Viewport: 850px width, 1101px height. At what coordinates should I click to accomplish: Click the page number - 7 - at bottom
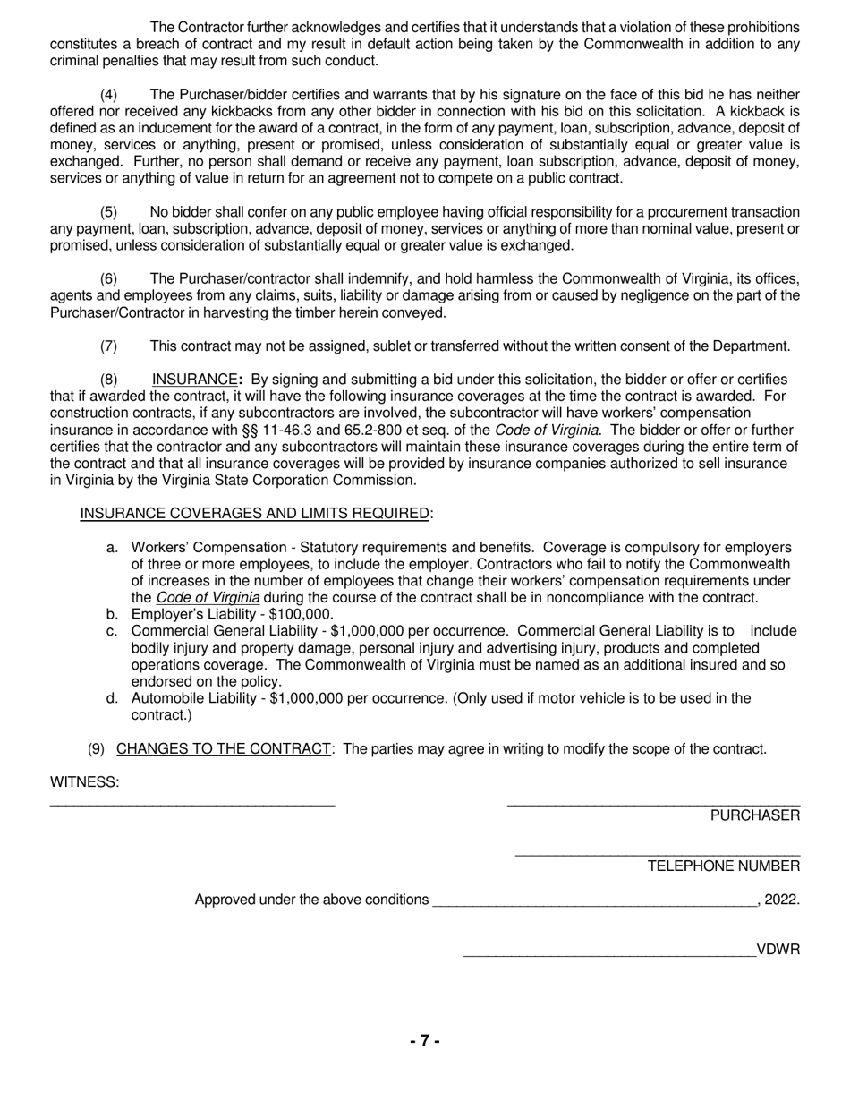pos(424,1041)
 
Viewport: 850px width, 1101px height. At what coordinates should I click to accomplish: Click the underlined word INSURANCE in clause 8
pos(194,380)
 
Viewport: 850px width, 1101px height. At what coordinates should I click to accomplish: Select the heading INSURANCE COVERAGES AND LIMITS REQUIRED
pos(255,513)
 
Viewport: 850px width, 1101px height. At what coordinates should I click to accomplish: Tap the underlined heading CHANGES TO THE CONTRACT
pos(223,748)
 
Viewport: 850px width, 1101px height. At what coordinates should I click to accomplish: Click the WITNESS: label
pos(84,781)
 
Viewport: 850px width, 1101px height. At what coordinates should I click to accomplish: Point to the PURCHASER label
pos(754,815)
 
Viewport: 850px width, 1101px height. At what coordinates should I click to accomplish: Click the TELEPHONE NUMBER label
pos(723,866)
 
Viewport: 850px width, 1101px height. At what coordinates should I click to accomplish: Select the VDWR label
pos(778,950)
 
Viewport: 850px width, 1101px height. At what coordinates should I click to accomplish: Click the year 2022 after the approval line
pos(782,900)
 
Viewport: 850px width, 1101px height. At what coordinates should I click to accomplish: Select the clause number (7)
pos(108,346)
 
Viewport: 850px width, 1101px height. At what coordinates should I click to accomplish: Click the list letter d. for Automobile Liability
pos(112,698)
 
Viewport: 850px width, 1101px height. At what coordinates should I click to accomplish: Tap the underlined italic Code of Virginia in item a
pos(208,598)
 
